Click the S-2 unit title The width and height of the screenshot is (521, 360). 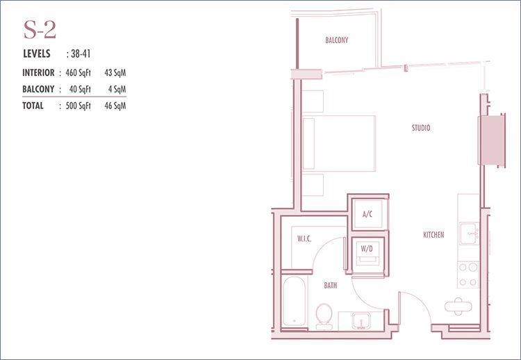pyautogui.click(x=40, y=30)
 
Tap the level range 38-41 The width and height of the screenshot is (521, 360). pyautogui.click(x=81, y=54)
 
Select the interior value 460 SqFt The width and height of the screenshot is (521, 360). pyautogui.click(x=78, y=73)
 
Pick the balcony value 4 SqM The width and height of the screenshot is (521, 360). pyautogui.click(x=117, y=89)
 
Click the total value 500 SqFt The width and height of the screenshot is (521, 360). pyautogui.click(x=78, y=106)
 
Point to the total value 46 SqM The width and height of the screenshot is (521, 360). pyautogui.click(x=115, y=106)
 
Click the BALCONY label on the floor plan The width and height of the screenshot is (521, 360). pyautogui.click(x=337, y=40)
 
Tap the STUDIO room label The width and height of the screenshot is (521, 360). pyautogui.click(x=421, y=128)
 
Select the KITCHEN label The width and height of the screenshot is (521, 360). pyautogui.click(x=433, y=235)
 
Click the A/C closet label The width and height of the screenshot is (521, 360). pyautogui.click(x=367, y=214)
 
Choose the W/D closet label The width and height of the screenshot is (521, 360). pyautogui.click(x=367, y=248)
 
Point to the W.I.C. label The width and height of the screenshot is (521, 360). pyautogui.click(x=304, y=238)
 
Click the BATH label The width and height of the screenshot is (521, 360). pyautogui.click(x=330, y=285)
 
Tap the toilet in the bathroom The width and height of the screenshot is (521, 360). pyautogui.click(x=324, y=316)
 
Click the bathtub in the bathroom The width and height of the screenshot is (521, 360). pyautogui.click(x=295, y=301)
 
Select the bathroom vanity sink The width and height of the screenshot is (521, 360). pyautogui.click(x=361, y=321)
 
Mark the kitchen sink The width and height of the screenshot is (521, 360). pyautogui.click(x=469, y=234)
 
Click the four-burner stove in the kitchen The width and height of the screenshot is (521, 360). pyautogui.click(x=468, y=275)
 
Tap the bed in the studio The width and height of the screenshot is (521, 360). pyautogui.click(x=339, y=144)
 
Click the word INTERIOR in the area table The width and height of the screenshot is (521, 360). pyautogui.click(x=38, y=73)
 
